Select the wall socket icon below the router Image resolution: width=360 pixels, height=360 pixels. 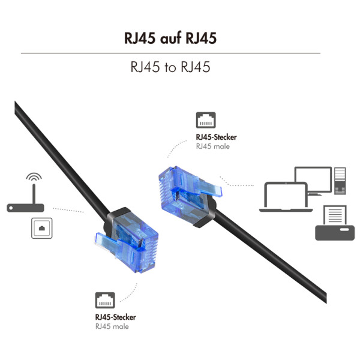pyautogui.click(x=41, y=228)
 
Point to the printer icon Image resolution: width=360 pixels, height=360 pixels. pyautogui.click(x=335, y=224)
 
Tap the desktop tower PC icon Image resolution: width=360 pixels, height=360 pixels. pyautogui.click(x=340, y=181)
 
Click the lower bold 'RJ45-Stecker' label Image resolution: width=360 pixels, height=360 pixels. pyautogui.click(x=115, y=317)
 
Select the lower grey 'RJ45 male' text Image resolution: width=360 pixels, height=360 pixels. pyautogui.click(x=112, y=326)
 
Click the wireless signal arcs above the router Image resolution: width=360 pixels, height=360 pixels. pyautogui.click(x=34, y=178)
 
